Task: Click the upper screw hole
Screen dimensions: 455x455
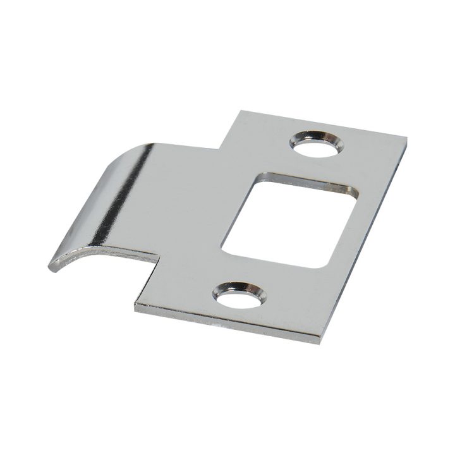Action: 317,142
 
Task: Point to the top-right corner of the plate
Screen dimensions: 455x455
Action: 405,138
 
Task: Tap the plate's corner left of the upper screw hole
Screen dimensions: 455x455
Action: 239,112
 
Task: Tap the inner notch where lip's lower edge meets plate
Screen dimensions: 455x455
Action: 158,258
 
